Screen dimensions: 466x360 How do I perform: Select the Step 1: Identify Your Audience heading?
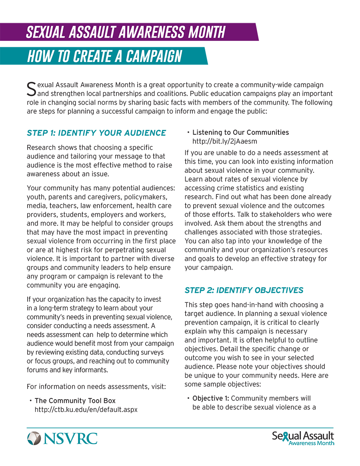[96, 133]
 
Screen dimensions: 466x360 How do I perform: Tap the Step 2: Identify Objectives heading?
[244, 290]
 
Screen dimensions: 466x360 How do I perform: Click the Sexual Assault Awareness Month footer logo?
[303, 438]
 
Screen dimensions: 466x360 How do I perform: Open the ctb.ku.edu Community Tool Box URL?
[86, 410]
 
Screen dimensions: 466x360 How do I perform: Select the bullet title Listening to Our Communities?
[240, 132]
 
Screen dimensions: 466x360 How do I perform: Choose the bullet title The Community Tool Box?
[75, 401]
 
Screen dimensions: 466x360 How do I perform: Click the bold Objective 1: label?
[211, 398]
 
